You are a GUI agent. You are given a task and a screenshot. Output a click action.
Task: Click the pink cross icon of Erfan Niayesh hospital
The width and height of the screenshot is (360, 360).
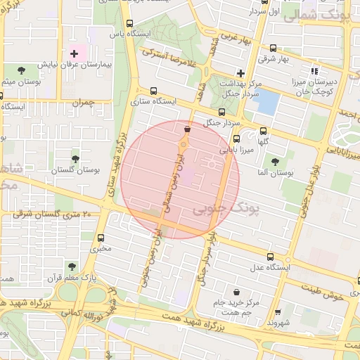pyautogui.click(x=74, y=53)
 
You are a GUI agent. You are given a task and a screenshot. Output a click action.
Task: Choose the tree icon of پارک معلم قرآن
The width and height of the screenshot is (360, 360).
pyautogui.click(x=71, y=266)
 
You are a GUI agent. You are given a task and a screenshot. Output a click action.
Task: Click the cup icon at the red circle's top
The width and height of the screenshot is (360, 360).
pyautogui.click(x=186, y=129)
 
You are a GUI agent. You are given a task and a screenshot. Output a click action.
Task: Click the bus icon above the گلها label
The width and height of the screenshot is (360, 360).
pyautogui.click(x=264, y=130)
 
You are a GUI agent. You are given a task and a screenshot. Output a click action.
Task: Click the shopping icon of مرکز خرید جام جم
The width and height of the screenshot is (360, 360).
pyautogui.click(x=236, y=292)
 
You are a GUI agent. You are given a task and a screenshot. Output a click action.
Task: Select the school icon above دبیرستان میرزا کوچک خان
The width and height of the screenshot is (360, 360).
pyautogui.click(x=314, y=70)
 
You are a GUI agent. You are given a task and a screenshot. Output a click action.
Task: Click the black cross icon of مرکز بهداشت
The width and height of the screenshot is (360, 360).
pyautogui.click(x=240, y=72)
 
